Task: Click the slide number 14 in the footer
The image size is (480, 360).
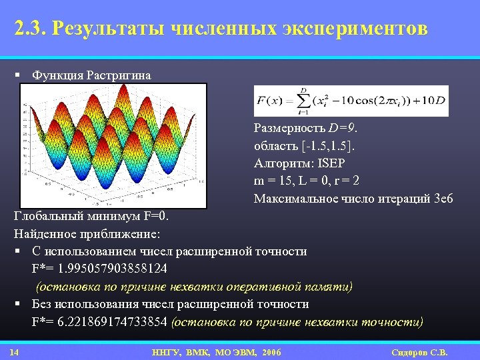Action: click(14, 352)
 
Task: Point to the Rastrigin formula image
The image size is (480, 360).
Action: click(351, 101)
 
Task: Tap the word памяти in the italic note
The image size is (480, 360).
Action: click(326, 286)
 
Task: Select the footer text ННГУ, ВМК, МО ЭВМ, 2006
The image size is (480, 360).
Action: click(217, 352)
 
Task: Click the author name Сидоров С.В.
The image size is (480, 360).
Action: click(419, 352)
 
